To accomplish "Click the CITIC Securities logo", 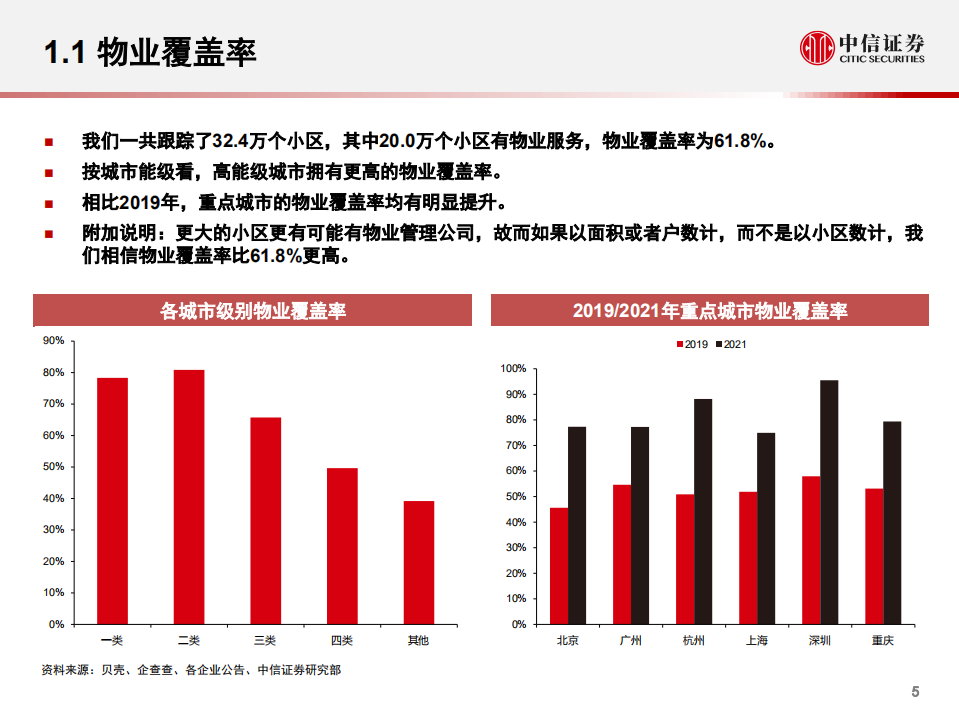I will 862,47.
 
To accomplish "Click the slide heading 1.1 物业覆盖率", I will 150,51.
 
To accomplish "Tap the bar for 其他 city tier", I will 419,562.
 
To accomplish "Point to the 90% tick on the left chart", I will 55,341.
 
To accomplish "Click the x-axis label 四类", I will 342,640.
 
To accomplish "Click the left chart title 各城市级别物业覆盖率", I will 253,311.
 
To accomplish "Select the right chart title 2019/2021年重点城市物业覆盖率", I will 710,311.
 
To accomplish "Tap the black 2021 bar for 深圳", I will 829,502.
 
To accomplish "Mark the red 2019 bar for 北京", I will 558,566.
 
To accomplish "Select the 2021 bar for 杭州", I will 703,511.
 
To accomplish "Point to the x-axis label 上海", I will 756,641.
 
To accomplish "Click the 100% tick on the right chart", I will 512,369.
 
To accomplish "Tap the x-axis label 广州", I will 630,641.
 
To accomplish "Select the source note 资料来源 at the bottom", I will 190,670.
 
